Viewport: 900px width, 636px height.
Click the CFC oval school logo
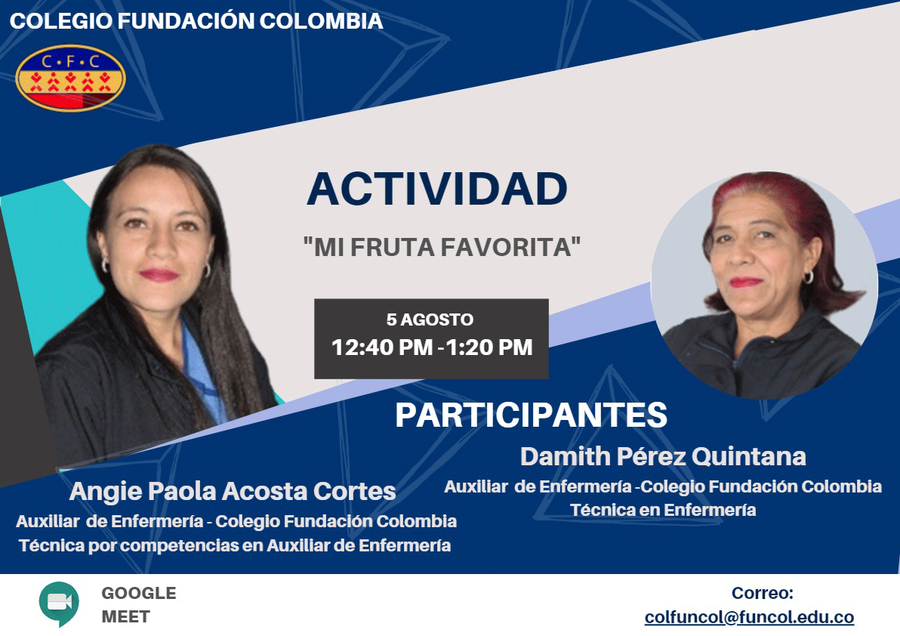[71, 78]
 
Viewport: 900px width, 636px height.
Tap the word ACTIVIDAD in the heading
[437, 189]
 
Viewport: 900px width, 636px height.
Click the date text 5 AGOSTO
[430, 320]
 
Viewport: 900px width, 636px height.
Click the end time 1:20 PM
[489, 347]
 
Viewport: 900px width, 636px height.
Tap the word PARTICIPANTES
[531, 415]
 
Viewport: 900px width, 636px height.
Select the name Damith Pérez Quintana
[663, 457]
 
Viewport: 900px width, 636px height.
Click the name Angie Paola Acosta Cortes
[233, 491]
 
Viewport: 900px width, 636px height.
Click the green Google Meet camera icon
[59, 604]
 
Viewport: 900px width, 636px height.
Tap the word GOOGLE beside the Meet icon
[139, 593]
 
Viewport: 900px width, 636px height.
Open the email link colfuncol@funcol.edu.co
[749, 617]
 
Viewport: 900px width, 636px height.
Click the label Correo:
[763, 593]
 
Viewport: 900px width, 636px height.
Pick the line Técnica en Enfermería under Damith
[663, 510]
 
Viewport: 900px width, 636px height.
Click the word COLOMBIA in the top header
[322, 21]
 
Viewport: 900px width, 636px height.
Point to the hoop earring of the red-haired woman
[809, 278]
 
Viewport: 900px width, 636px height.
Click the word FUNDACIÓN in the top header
[186, 21]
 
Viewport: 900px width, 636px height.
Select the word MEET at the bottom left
[125, 616]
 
